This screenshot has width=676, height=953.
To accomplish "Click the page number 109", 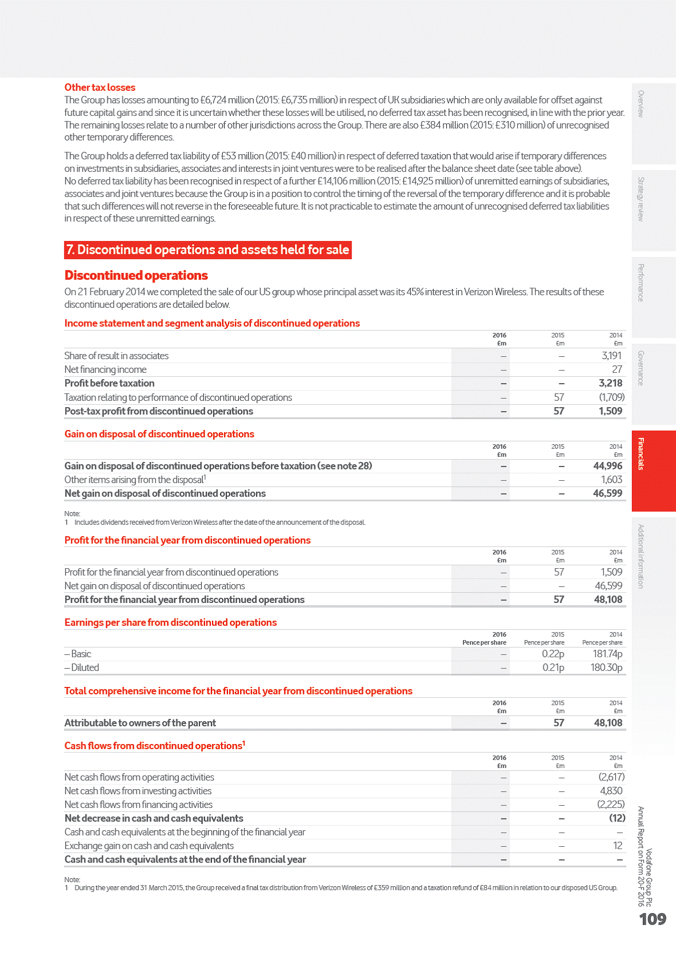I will [653, 919].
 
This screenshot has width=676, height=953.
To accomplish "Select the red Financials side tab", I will [653, 471].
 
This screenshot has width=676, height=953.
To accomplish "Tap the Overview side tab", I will [653, 123].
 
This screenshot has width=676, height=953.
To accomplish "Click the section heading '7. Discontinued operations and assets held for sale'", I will [207, 250].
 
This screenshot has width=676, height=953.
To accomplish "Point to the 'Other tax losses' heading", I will [100, 87].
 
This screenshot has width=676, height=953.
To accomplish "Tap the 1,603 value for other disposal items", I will [611, 480].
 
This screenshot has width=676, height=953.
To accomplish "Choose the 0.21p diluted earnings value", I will [553, 667].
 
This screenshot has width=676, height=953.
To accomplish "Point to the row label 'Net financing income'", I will [105, 369].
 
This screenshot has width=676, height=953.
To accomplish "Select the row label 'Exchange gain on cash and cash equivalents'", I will [149, 846].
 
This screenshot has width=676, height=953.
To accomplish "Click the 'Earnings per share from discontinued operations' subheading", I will [170, 622].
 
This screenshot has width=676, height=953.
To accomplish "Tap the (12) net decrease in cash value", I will [617, 818].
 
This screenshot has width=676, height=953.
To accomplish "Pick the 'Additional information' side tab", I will [653, 556].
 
